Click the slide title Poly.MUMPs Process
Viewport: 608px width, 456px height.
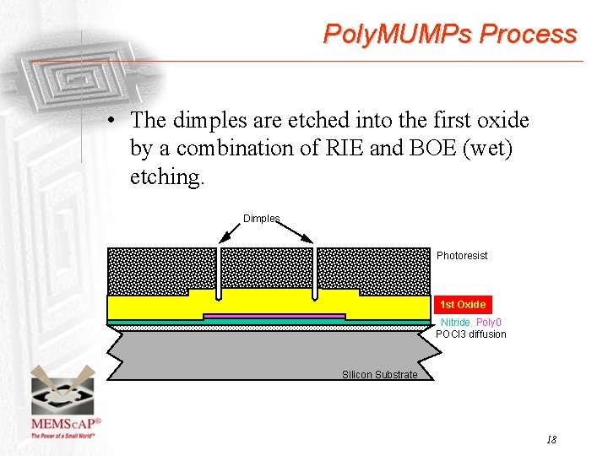click(x=450, y=34)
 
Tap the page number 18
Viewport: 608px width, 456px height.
click(x=551, y=439)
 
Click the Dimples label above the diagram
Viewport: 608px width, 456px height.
click(x=261, y=219)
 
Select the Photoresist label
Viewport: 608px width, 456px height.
click(x=462, y=256)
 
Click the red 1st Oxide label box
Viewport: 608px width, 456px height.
click(x=463, y=305)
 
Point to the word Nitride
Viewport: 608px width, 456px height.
click(x=455, y=323)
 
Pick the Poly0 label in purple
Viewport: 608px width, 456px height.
click(x=489, y=323)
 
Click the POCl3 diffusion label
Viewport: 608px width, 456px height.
click(x=470, y=334)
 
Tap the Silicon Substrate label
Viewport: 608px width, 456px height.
click(x=379, y=375)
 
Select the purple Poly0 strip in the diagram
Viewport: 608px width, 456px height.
click(x=274, y=316)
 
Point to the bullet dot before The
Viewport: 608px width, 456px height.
click(x=111, y=121)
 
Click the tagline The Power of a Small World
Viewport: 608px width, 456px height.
click(x=63, y=436)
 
